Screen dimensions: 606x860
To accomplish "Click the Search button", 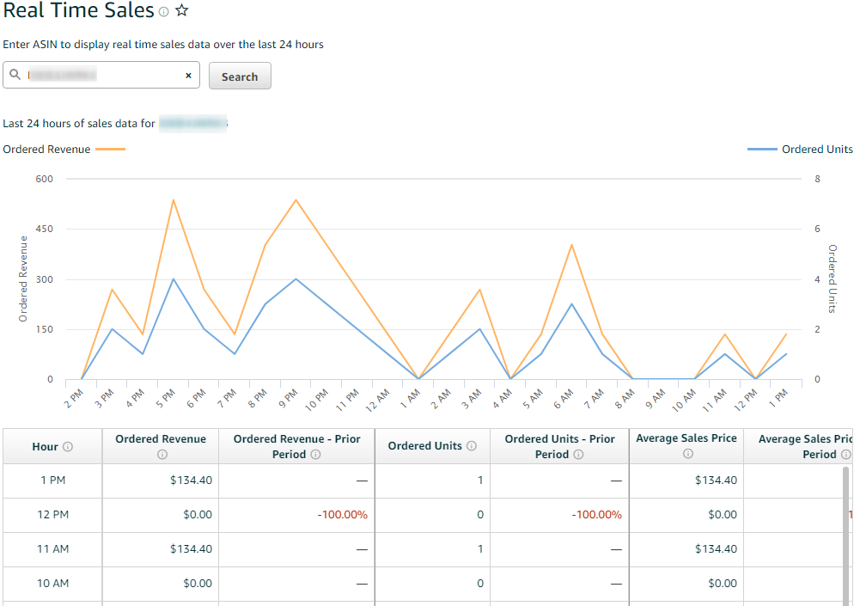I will click(240, 77).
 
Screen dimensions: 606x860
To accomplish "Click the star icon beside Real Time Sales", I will click(181, 11).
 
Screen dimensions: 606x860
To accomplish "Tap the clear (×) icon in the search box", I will click(188, 76).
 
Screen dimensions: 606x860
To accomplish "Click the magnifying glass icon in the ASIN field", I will click(15, 75).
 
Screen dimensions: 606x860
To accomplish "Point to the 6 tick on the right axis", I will click(818, 230).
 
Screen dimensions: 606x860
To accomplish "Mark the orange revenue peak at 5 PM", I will click(173, 200).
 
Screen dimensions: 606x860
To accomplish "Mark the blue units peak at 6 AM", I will click(571, 304).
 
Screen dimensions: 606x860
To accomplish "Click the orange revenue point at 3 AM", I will click(479, 290).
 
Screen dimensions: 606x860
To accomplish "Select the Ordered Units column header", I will click(424, 446).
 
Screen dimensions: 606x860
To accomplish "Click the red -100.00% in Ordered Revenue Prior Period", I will click(342, 515).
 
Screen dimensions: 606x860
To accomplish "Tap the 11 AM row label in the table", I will click(52, 549).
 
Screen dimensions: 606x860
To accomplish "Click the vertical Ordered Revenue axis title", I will click(23, 279).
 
